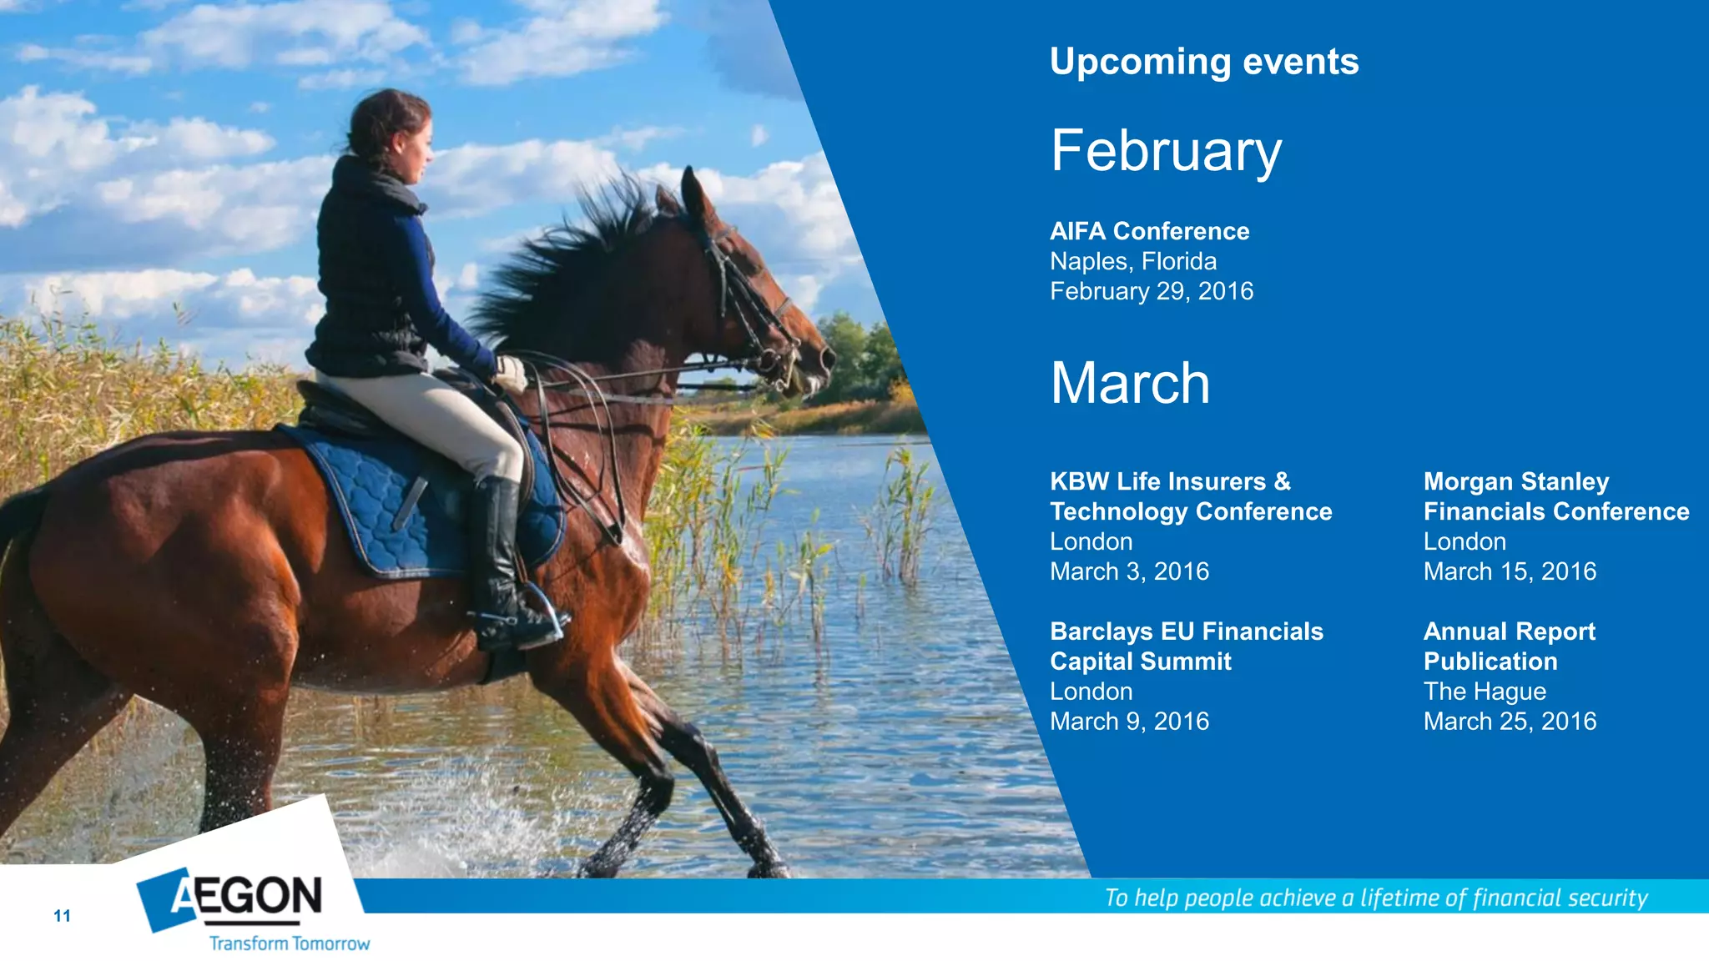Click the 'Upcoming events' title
point(1203,62)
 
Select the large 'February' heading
point(1166,151)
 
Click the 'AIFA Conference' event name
point(1149,231)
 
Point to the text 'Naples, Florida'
point(1132,261)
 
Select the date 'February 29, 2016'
point(1151,291)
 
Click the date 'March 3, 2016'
point(1128,571)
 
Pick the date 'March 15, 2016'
point(1509,571)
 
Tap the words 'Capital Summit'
point(1140,662)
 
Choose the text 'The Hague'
point(1484,692)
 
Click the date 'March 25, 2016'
point(1509,722)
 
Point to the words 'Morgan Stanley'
point(1515,481)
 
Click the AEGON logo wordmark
point(247,897)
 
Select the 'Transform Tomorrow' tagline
point(289,943)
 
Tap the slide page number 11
point(62,916)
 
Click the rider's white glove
point(511,373)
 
